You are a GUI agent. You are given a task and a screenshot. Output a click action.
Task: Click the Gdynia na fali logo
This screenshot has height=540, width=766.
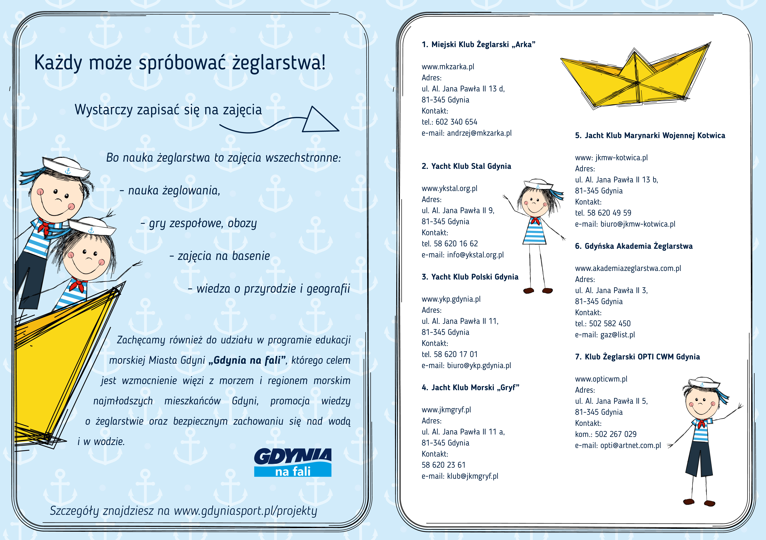click(293, 462)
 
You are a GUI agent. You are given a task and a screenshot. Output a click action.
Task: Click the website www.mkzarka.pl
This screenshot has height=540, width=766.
click(448, 67)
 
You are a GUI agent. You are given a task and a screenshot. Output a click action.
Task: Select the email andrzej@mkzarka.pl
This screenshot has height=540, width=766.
click(479, 133)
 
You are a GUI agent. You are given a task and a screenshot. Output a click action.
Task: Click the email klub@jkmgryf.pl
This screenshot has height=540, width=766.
click(472, 476)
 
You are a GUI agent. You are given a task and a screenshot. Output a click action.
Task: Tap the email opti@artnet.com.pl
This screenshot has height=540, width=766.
click(631, 446)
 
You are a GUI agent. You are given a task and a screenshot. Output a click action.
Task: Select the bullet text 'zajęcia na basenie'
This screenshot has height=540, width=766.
click(224, 256)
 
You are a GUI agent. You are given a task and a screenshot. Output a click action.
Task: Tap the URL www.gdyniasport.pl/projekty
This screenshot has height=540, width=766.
click(245, 511)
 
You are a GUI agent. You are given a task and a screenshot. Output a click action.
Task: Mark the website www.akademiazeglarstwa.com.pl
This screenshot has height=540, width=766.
click(628, 268)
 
